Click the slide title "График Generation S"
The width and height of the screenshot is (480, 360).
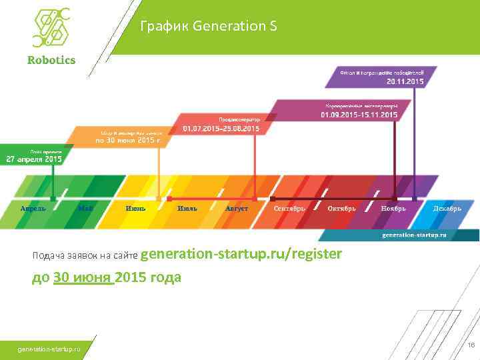[x=209, y=27]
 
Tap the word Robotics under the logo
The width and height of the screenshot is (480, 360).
[x=51, y=60]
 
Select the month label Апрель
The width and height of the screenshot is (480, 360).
[x=33, y=209]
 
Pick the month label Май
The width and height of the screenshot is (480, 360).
[x=85, y=209]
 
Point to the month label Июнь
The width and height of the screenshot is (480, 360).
[x=135, y=209]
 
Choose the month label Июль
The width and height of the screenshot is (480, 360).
[x=187, y=209]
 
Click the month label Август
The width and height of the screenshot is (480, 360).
[x=237, y=209]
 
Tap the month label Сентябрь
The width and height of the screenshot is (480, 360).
[x=289, y=209]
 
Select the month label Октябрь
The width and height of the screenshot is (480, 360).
[x=342, y=209]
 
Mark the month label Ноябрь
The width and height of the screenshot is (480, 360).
[x=394, y=209]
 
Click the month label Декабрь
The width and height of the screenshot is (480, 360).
[x=447, y=209]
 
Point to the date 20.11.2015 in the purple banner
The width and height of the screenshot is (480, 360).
[x=405, y=81]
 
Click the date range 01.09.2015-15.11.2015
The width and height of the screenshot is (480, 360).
[x=359, y=115]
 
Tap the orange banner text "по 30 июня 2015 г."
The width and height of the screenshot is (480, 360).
[x=128, y=141]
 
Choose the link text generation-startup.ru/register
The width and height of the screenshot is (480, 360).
[x=241, y=254]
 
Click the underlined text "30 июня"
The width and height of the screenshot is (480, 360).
[x=83, y=277]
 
